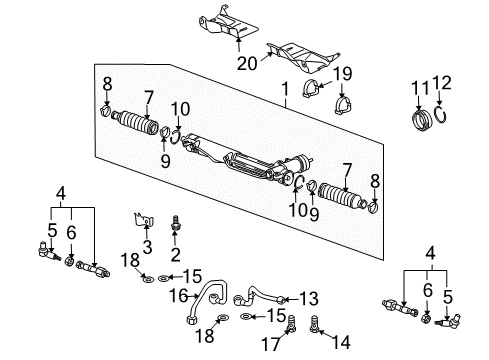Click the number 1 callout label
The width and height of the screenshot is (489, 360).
[x=285, y=89]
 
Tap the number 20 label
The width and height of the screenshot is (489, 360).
[x=247, y=63]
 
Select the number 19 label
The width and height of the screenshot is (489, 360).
[x=342, y=74]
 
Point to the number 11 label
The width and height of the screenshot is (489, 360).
[x=420, y=88]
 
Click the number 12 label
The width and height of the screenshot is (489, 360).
[x=442, y=82]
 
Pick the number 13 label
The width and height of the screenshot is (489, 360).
[x=309, y=298]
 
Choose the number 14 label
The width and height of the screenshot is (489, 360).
[x=342, y=342]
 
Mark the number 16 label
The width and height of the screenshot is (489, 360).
[x=179, y=295]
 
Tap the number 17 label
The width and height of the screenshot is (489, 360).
[x=271, y=344]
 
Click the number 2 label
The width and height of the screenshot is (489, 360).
[x=175, y=255]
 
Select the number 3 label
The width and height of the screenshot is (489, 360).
[x=147, y=247]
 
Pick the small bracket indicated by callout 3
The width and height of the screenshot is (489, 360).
[x=143, y=220]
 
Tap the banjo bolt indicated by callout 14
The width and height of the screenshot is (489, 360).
[x=314, y=324]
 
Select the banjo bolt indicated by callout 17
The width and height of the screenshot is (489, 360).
[x=291, y=324]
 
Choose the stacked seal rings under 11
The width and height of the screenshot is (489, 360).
[x=422, y=119]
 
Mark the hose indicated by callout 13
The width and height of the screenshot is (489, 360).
[x=258, y=293]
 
